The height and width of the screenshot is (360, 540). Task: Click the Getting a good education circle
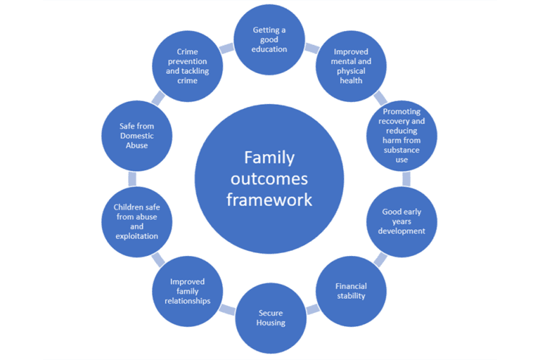[270, 39]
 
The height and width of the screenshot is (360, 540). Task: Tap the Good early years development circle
[402, 221]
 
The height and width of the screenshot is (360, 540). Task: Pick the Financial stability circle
[350, 291]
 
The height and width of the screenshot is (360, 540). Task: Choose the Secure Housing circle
[271, 318]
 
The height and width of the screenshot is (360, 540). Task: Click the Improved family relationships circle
[189, 291]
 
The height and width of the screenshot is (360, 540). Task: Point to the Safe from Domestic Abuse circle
[136, 135]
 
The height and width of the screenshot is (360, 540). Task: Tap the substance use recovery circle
[402, 135]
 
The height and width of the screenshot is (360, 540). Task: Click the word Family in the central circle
[269, 157]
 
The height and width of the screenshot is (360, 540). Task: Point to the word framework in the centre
[269, 200]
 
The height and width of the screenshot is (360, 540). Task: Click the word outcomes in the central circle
[269, 179]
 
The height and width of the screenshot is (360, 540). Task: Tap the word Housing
[271, 323]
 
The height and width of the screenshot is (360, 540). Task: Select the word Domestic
[136, 135]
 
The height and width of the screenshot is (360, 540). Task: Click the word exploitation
[136, 236]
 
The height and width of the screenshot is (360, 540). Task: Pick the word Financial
[350, 286]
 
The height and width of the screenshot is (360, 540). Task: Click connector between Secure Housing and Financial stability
[312, 308]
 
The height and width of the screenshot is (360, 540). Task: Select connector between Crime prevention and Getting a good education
[226, 49]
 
